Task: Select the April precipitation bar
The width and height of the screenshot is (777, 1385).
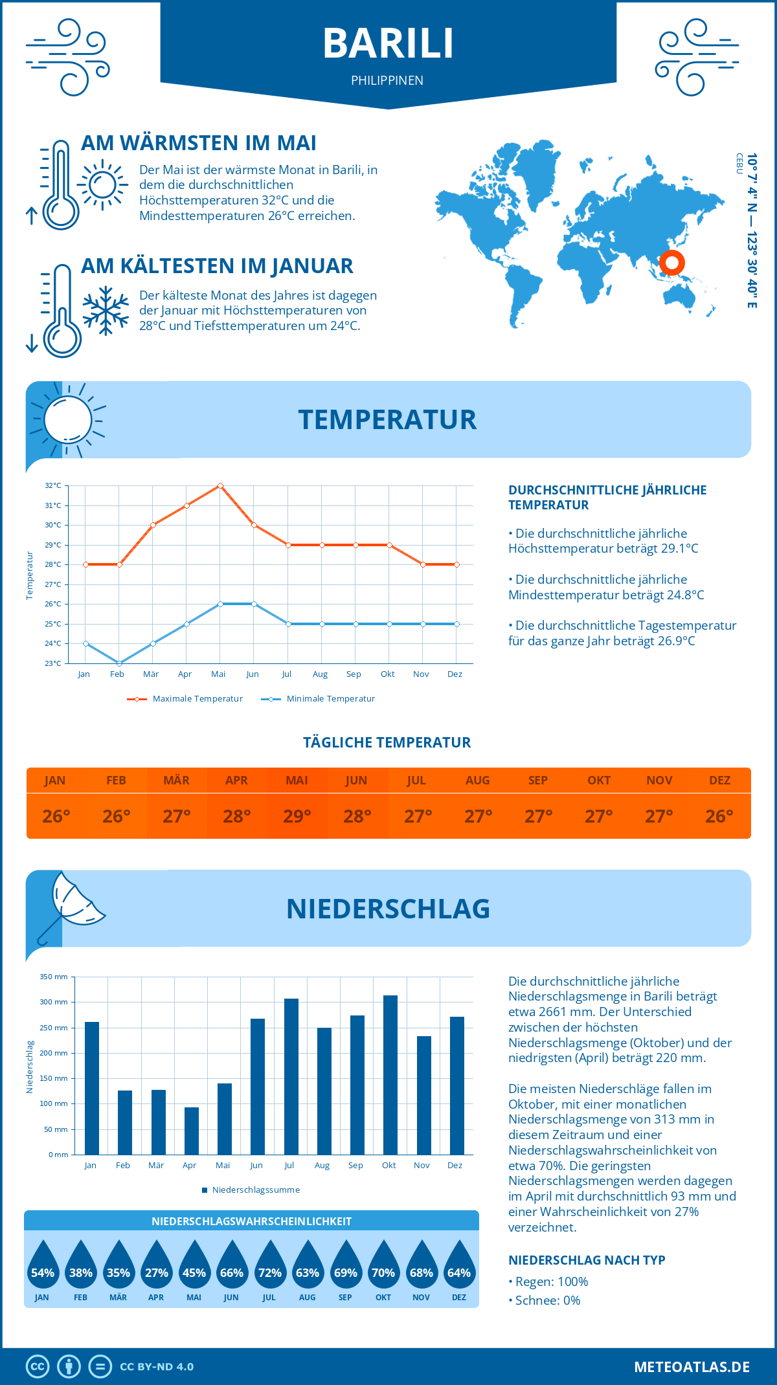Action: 191,1131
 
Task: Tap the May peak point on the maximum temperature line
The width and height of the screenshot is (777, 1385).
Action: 220,485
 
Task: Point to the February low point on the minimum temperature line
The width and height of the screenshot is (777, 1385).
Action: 119,663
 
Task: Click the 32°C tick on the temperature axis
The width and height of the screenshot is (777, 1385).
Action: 53,485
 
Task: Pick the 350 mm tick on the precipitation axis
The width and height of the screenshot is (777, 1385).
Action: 54,977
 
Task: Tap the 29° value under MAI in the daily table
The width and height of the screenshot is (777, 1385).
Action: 297,816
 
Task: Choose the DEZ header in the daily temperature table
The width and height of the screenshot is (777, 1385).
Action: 719,781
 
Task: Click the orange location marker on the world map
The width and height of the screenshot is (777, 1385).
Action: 671,263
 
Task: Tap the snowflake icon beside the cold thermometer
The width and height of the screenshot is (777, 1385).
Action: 106,311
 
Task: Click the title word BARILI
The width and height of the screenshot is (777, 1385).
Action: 388,43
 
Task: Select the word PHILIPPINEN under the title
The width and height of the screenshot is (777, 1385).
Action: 387,81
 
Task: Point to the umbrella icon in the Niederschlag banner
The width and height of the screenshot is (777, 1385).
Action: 71,905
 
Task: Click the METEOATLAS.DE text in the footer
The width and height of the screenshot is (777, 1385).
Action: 692,1367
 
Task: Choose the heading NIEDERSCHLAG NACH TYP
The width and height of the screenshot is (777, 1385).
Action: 587,1260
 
